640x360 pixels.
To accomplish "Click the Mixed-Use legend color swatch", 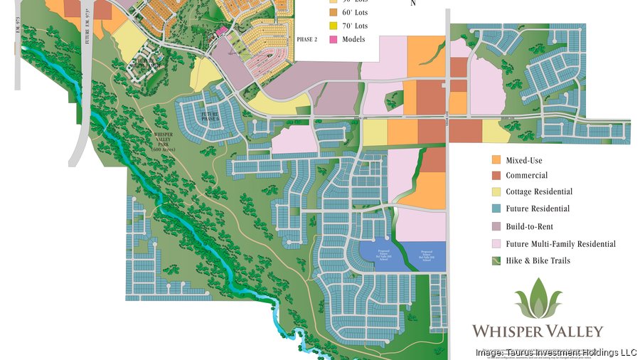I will click(496, 159).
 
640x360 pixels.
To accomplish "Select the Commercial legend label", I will click(526, 176).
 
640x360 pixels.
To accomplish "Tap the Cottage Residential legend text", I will click(538, 192).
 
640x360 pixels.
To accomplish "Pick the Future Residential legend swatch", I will click(496, 209).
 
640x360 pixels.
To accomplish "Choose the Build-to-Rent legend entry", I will click(530, 226).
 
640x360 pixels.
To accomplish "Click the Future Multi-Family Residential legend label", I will click(560, 244).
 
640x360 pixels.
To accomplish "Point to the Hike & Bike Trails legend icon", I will click(496, 261).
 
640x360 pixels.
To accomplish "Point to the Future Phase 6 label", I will click(209, 117).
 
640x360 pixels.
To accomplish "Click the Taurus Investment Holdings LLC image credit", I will click(556, 352).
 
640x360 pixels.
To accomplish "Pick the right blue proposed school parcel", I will click(425, 255).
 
